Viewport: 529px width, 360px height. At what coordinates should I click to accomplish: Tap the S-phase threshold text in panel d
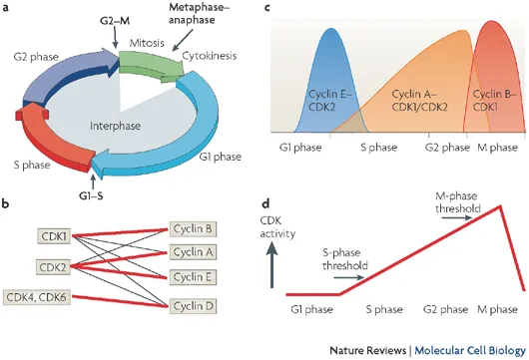pyautogui.click(x=349, y=259)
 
